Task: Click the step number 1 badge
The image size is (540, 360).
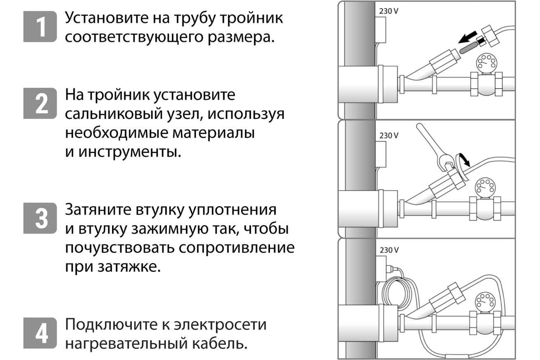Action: tap(40, 27)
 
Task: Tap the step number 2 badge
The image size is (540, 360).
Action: tap(40, 103)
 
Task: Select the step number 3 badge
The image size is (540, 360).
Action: tap(40, 218)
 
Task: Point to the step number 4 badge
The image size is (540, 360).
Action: tap(40, 333)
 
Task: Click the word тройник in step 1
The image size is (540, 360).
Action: tap(252, 18)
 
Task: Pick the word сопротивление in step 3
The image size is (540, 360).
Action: tap(237, 248)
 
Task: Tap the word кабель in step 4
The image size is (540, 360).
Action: tap(220, 344)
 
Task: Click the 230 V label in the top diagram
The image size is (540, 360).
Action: tap(389, 11)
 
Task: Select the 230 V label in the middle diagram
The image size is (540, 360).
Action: tap(389, 135)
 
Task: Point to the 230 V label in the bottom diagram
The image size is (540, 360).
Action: tap(389, 250)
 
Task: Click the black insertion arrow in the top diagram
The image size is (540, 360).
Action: tap(468, 37)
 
